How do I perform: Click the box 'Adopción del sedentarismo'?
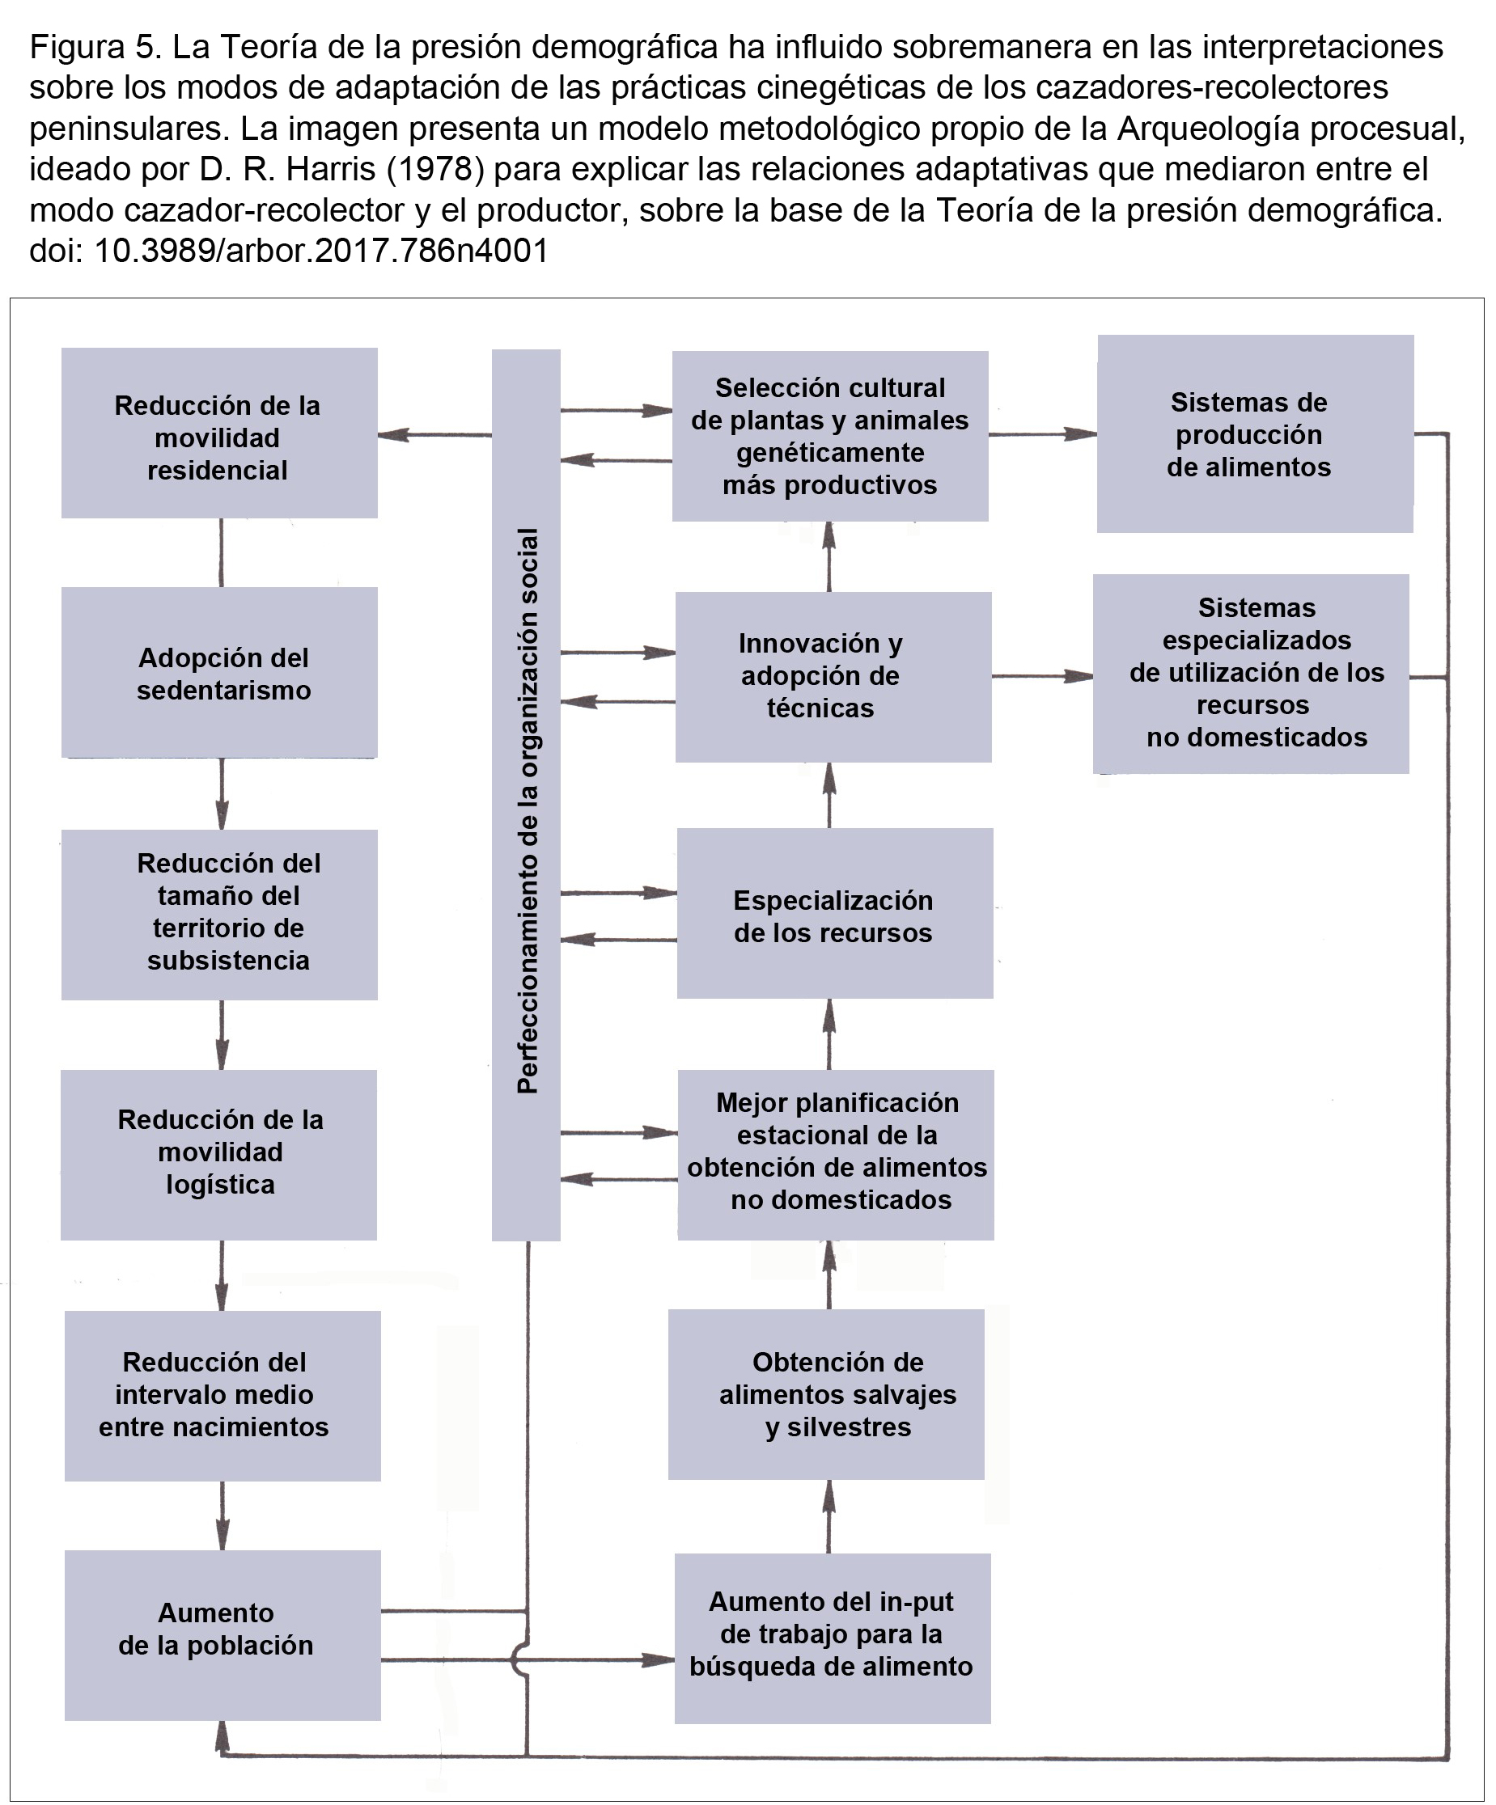[219, 672]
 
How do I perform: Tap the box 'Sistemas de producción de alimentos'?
[1255, 434]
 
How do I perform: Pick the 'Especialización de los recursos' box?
[835, 913]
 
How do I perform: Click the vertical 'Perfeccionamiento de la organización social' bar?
[526, 795]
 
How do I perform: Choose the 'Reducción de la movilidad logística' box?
[218, 1154]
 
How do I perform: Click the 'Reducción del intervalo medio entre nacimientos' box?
[222, 1396]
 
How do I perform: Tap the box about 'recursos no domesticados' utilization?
[1251, 674]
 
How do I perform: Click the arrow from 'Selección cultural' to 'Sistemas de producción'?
[1043, 434]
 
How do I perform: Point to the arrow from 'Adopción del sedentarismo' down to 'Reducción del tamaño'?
[222, 793]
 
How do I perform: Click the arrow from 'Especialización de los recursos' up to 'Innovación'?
[829, 795]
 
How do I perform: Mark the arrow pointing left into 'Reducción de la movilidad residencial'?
[435, 435]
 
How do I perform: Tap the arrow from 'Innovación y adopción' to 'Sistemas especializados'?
[1043, 676]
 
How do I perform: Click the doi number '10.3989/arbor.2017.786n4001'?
[320, 250]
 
